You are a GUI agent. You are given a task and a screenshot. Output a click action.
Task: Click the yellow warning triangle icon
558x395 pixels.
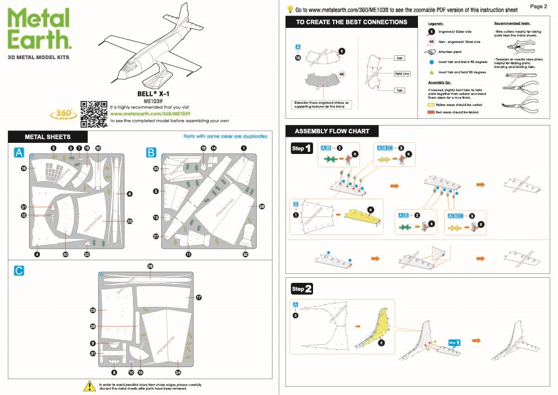pos(89,386)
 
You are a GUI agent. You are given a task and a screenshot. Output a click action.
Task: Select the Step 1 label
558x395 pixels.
pos(301,149)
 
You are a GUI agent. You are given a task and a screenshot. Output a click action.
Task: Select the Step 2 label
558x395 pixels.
pos(301,288)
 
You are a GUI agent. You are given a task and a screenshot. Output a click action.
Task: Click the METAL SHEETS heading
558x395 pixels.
pos(47,137)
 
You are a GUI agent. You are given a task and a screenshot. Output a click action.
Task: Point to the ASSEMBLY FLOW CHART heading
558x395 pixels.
pos(331,131)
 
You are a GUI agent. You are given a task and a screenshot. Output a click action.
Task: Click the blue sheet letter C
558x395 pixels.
pos(19,271)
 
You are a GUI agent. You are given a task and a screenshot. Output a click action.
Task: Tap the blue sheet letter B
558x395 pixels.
pos(151,152)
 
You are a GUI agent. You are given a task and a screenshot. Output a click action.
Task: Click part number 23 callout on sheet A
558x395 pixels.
pos(129,221)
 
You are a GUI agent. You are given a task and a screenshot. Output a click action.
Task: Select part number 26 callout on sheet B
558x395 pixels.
pos(262,206)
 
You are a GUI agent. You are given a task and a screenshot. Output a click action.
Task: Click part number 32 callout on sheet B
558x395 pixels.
pos(245,254)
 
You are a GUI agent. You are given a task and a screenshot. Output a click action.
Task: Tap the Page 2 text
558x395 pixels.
pos(538,6)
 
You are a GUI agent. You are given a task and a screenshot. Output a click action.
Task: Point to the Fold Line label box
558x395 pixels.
pos(402,74)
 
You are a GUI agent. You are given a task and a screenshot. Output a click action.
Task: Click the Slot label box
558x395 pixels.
pos(400,57)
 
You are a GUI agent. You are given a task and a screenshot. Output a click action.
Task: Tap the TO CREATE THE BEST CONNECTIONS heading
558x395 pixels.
pos(352,22)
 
